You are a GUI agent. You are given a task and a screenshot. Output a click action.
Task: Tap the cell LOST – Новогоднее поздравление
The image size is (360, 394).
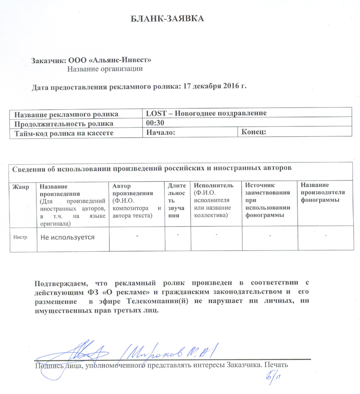coord(207,113)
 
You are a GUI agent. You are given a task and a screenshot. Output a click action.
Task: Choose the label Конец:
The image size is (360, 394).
coord(254,132)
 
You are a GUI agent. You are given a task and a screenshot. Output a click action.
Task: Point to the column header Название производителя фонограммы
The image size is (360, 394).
coord(323,192)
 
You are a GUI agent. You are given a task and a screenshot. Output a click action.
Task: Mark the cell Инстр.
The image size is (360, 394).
coord(21,237)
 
